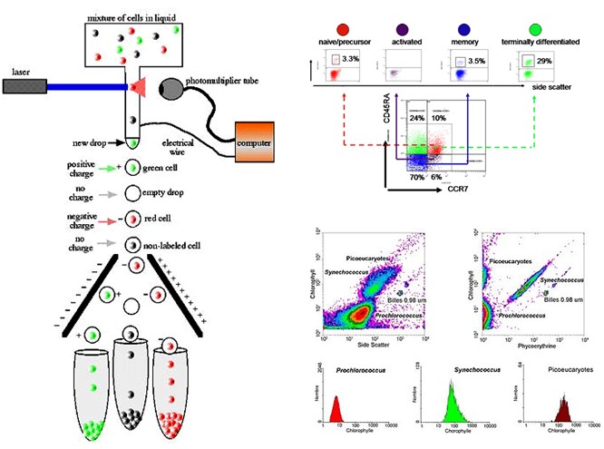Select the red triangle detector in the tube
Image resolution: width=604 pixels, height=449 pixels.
139,87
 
